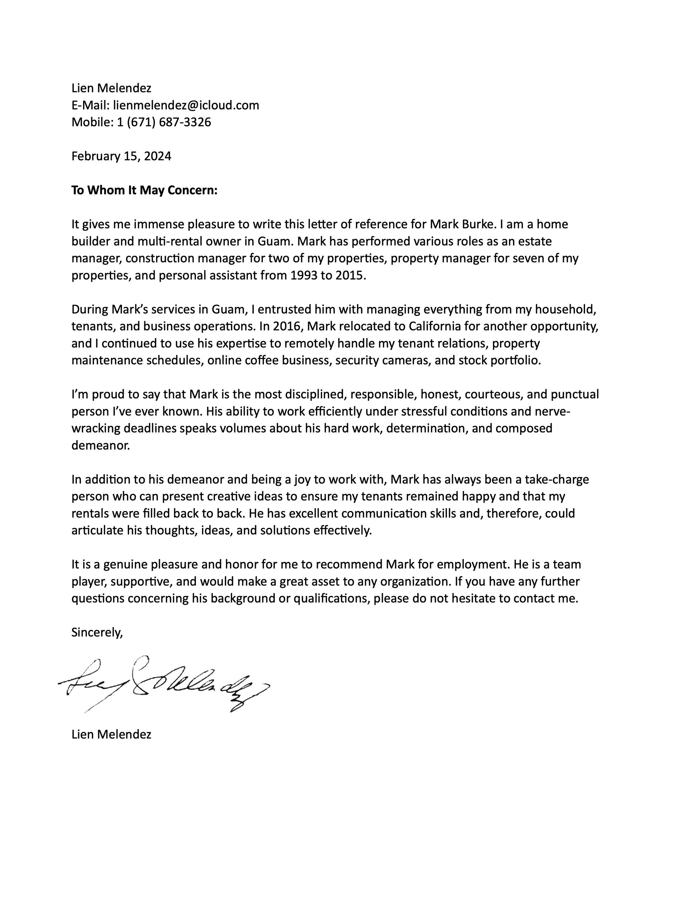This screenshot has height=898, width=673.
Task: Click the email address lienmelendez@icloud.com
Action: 186,105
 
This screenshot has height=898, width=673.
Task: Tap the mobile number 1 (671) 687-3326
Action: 164,122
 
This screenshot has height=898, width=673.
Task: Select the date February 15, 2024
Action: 121,156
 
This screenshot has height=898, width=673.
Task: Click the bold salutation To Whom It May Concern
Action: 144,190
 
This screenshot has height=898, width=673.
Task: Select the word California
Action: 435,326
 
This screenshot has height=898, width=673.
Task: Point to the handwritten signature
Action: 162,686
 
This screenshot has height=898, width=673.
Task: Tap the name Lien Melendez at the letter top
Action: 111,88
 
